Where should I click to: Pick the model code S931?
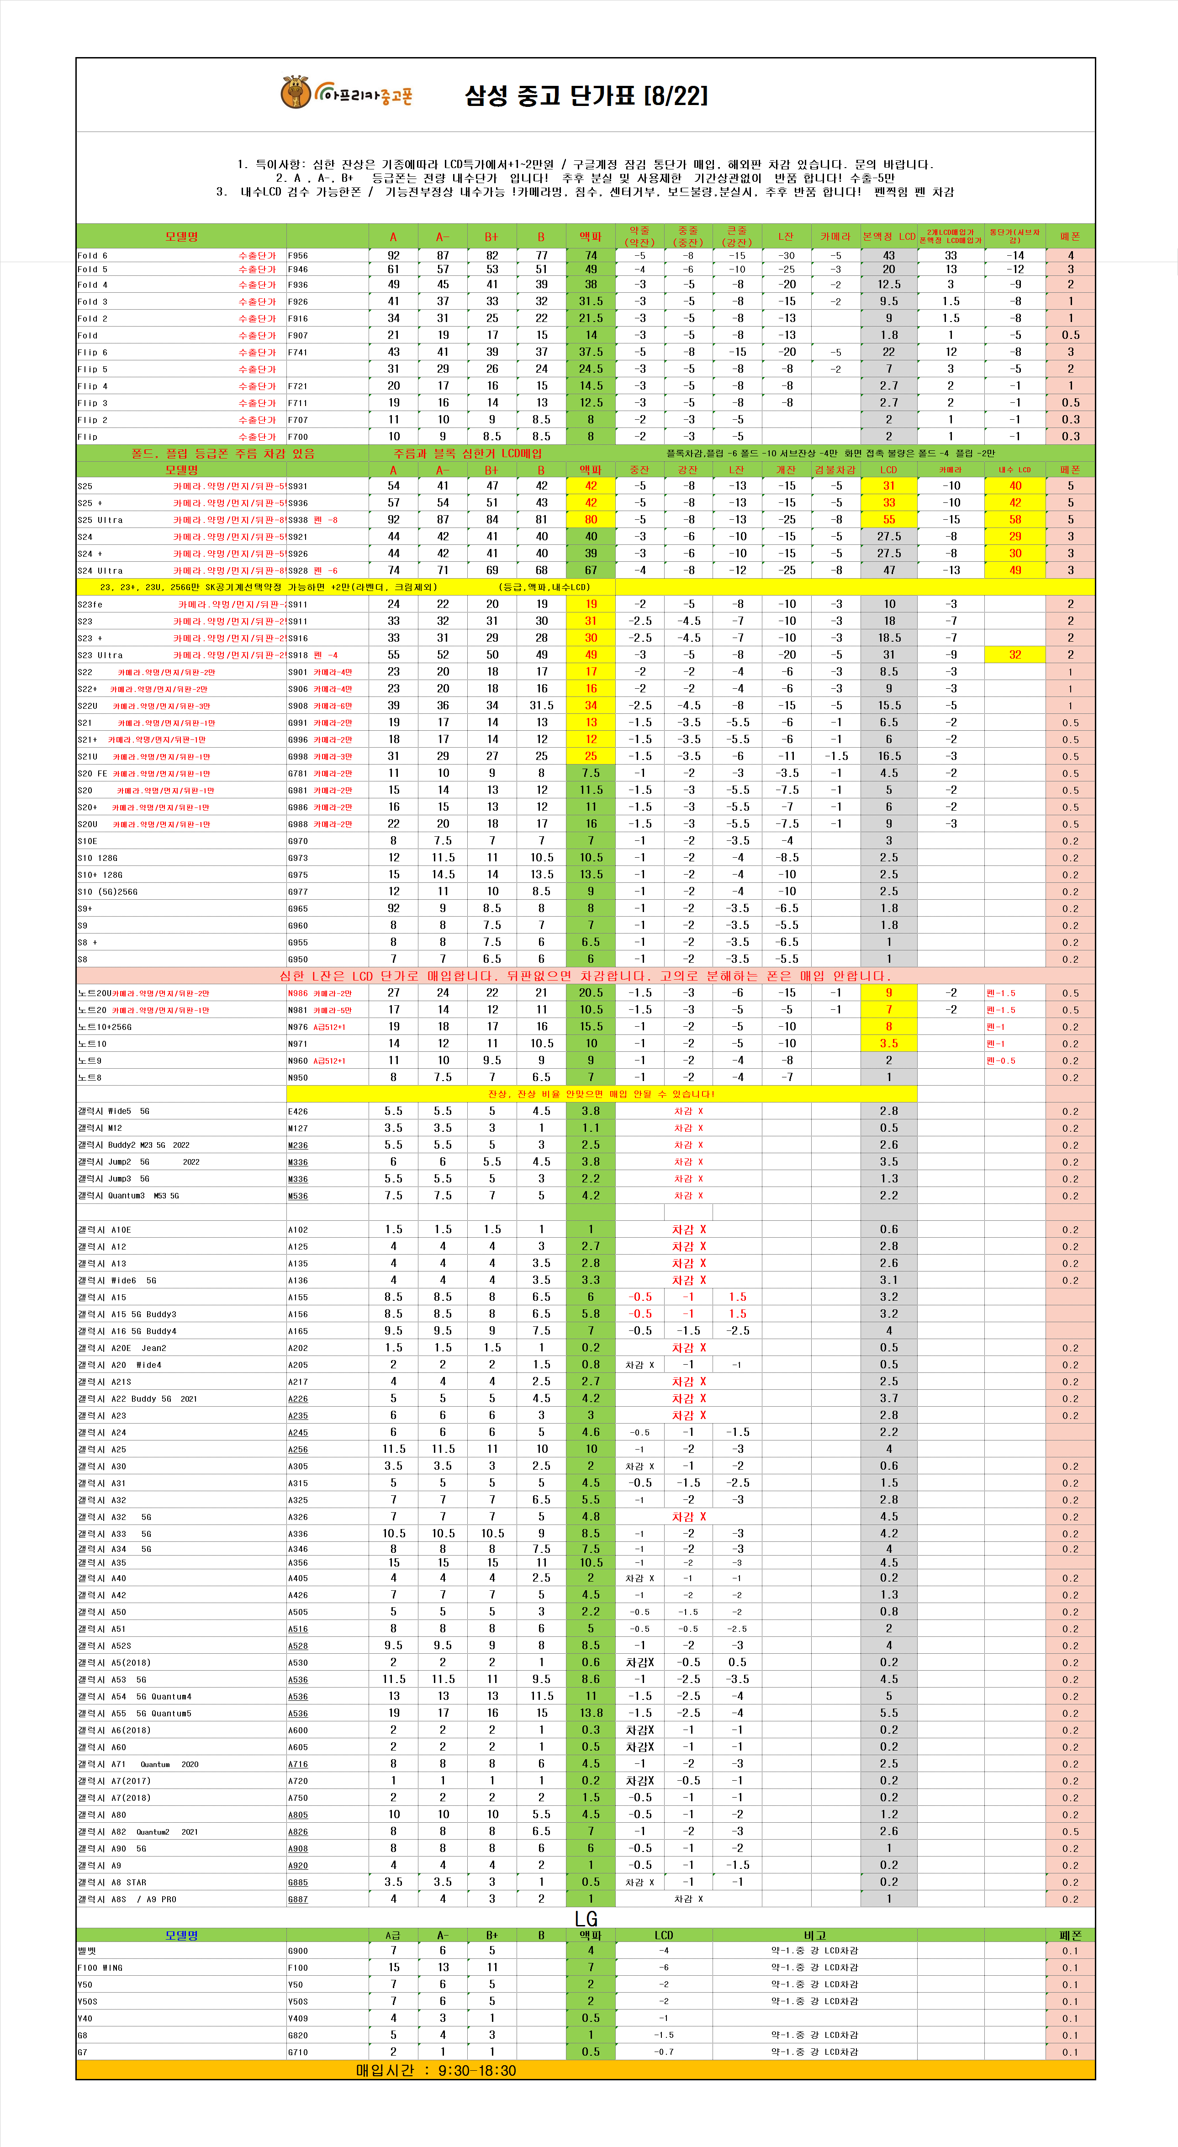tap(298, 486)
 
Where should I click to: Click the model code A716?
tap(298, 1764)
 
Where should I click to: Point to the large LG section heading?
tap(586, 1918)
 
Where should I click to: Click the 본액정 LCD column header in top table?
tap(889, 237)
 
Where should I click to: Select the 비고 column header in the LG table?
tap(814, 1935)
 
